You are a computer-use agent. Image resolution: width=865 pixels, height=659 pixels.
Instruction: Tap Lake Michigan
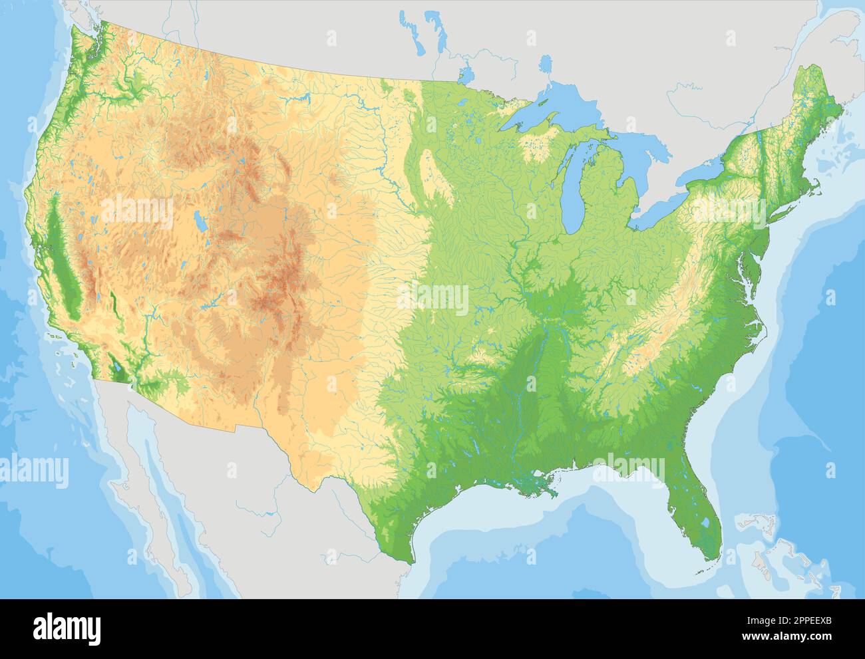(572, 193)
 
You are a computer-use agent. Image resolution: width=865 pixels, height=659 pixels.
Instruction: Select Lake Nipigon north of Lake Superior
(546, 65)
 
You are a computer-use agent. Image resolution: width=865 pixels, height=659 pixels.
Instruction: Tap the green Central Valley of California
(63, 266)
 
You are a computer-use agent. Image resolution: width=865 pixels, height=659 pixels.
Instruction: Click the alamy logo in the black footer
(68, 628)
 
